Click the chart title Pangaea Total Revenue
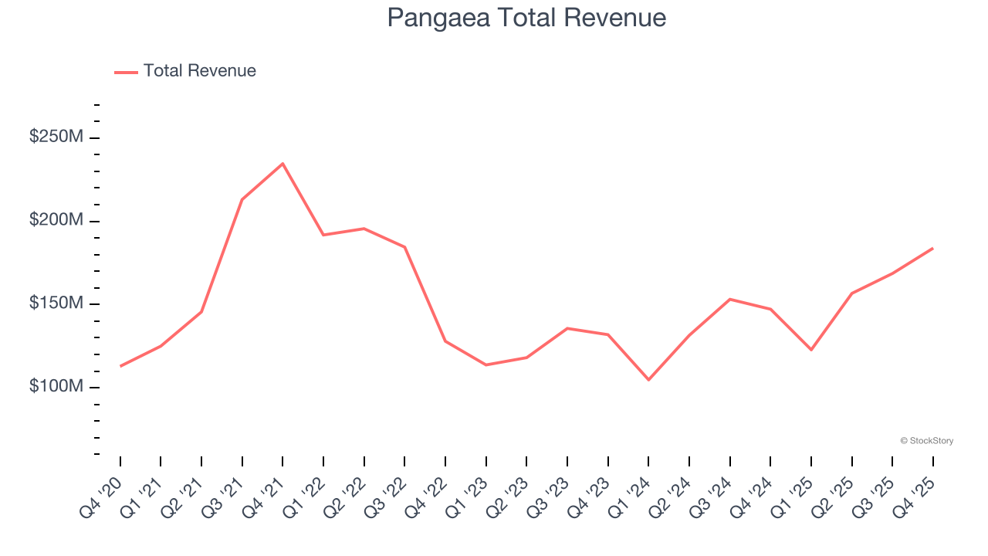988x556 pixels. pyautogui.click(x=526, y=18)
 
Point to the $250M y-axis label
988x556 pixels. pyautogui.click(x=56, y=137)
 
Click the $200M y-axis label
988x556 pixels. pyautogui.click(x=56, y=220)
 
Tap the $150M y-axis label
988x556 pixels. pyautogui.click(x=56, y=303)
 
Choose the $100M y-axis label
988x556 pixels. pyautogui.click(x=56, y=386)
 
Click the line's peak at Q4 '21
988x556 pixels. pyautogui.click(x=283, y=164)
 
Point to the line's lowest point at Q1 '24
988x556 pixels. pyautogui.click(x=648, y=380)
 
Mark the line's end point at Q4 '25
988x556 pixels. pyautogui.click(x=932, y=249)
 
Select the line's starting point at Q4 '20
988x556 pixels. pyautogui.click(x=120, y=366)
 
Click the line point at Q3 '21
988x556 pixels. pyautogui.click(x=242, y=199)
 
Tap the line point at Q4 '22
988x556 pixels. pyautogui.click(x=445, y=341)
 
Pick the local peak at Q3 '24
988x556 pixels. pyautogui.click(x=729, y=299)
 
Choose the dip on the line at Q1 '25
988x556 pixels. pyautogui.click(x=811, y=350)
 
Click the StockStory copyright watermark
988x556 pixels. pyautogui.click(x=926, y=441)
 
